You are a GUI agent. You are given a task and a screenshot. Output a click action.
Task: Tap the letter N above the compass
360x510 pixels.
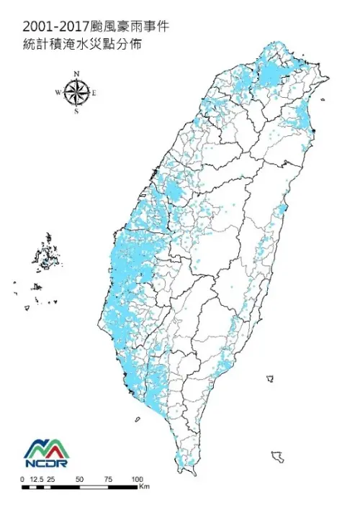pos(76,73)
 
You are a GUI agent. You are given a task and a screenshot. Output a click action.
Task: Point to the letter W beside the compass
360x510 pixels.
pos(58,93)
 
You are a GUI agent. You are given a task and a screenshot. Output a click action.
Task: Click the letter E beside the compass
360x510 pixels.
pos(94,93)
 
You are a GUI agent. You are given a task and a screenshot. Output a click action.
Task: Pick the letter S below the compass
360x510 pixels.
pos(76,111)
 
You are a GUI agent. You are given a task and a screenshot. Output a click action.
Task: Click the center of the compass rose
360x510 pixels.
pos(76,92)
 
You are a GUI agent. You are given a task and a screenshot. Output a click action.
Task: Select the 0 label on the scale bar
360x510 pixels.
pos(22,478)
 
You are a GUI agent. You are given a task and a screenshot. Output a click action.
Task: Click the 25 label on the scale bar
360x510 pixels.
pos(51,478)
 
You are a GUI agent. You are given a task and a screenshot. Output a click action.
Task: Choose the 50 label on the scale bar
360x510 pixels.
pos(80,478)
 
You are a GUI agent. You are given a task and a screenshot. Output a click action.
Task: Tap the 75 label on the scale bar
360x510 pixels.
pos(108,478)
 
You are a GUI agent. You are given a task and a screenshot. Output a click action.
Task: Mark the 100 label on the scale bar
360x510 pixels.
pos(137,478)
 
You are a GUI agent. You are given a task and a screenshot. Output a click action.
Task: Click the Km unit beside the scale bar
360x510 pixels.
pos(144,487)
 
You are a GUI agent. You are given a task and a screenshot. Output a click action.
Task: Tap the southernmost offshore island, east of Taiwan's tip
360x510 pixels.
pos(277,456)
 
